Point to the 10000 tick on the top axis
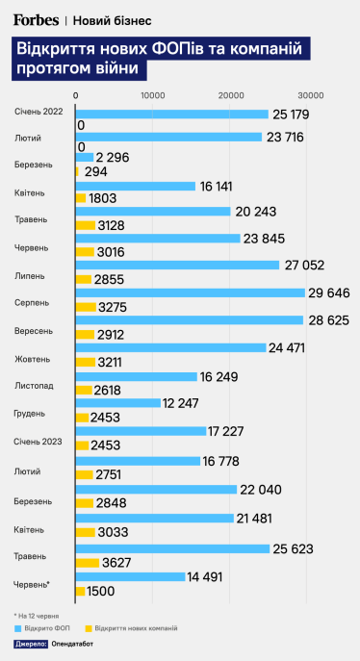[x=152, y=95]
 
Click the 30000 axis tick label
[x=309, y=95]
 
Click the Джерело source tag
[x=32, y=644]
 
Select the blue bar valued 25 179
[x=171, y=114]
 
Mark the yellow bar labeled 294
[x=77, y=170]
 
